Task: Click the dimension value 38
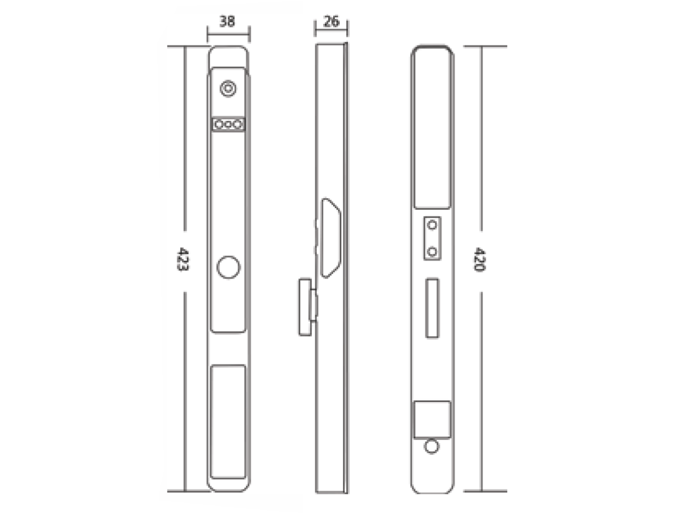pyautogui.click(x=227, y=21)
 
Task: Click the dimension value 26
pyautogui.click(x=331, y=21)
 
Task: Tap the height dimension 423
pyautogui.click(x=183, y=259)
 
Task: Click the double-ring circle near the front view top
pyautogui.click(x=228, y=88)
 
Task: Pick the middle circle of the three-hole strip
pyautogui.click(x=228, y=125)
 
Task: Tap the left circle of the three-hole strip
pyautogui.click(x=219, y=125)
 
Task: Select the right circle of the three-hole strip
pyautogui.click(x=237, y=125)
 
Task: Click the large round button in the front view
pyautogui.click(x=228, y=267)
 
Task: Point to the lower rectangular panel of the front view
pyautogui.click(x=228, y=422)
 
